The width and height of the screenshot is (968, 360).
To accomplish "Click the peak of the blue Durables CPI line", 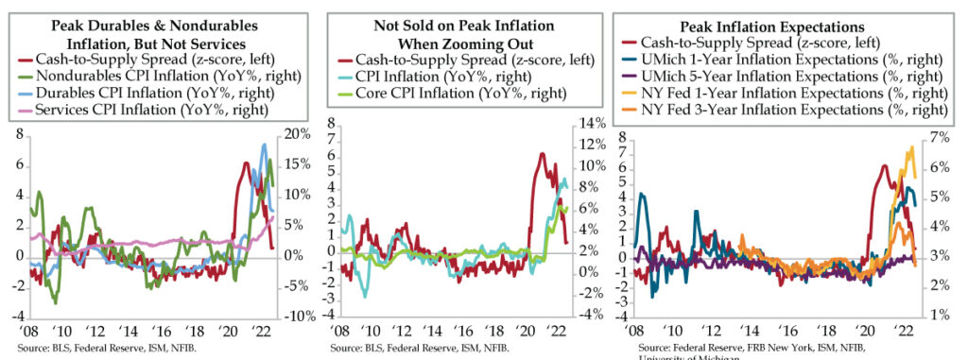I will [265, 144].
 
